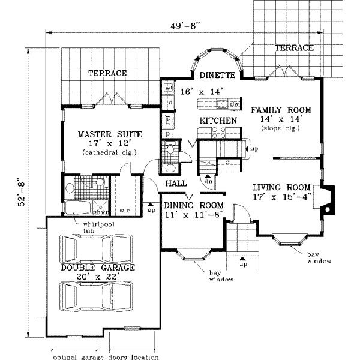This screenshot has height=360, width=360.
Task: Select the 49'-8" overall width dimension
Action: (184, 25)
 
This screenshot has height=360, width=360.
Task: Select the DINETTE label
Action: (214, 76)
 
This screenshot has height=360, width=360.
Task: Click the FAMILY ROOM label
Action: (281, 110)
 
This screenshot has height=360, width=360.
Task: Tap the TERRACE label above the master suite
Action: (107, 73)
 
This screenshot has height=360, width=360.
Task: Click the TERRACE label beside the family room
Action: (294, 47)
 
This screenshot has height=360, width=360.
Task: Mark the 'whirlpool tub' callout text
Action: (83, 228)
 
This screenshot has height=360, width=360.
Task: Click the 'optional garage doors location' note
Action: (105, 356)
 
